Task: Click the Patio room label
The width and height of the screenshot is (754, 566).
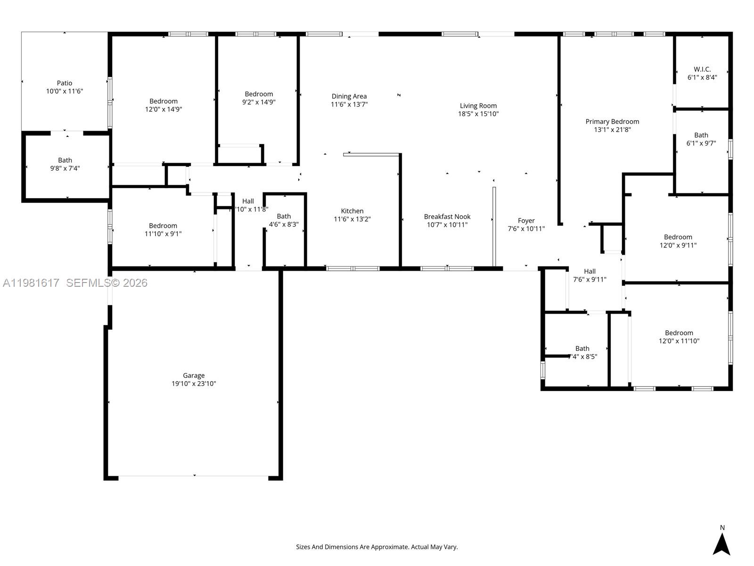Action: click(65, 83)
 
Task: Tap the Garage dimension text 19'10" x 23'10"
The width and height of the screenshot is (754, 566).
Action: click(194, 383)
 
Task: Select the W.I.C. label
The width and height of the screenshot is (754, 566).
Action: click(702, 69)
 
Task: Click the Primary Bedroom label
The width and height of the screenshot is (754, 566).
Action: click(612, 122)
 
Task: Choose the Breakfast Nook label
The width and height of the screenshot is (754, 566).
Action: click(447, 217)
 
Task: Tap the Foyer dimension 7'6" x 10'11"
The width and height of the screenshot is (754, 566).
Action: click(526, 229)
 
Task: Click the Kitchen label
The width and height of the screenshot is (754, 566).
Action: click(352, 211)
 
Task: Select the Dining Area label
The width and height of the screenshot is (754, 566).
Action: click(349, 96)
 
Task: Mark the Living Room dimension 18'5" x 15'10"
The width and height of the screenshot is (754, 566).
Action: click(478, 114)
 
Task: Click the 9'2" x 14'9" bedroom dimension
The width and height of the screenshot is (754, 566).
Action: click(259, 102)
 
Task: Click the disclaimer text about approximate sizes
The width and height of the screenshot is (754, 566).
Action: click(377, 547)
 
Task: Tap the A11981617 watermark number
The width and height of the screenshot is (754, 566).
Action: click(31, 283)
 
